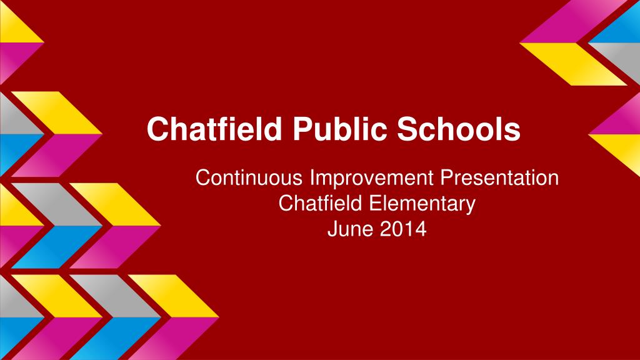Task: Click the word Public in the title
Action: tap(339, 129)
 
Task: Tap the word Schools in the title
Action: tap(459, 129)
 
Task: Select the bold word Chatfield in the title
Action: tap(214, 129)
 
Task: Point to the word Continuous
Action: tap(249, 177)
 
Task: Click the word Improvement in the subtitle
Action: tap(371, 178)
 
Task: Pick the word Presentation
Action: tap(499, 177)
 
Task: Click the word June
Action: tap(350, 229)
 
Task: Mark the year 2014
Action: tap(403, 229)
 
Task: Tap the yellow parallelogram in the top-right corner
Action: tap(573, 64)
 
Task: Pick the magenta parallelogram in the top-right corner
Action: tap(573, 21)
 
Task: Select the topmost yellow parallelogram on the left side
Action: tap(56, 112)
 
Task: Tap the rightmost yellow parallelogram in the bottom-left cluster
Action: tap(173, 296)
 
